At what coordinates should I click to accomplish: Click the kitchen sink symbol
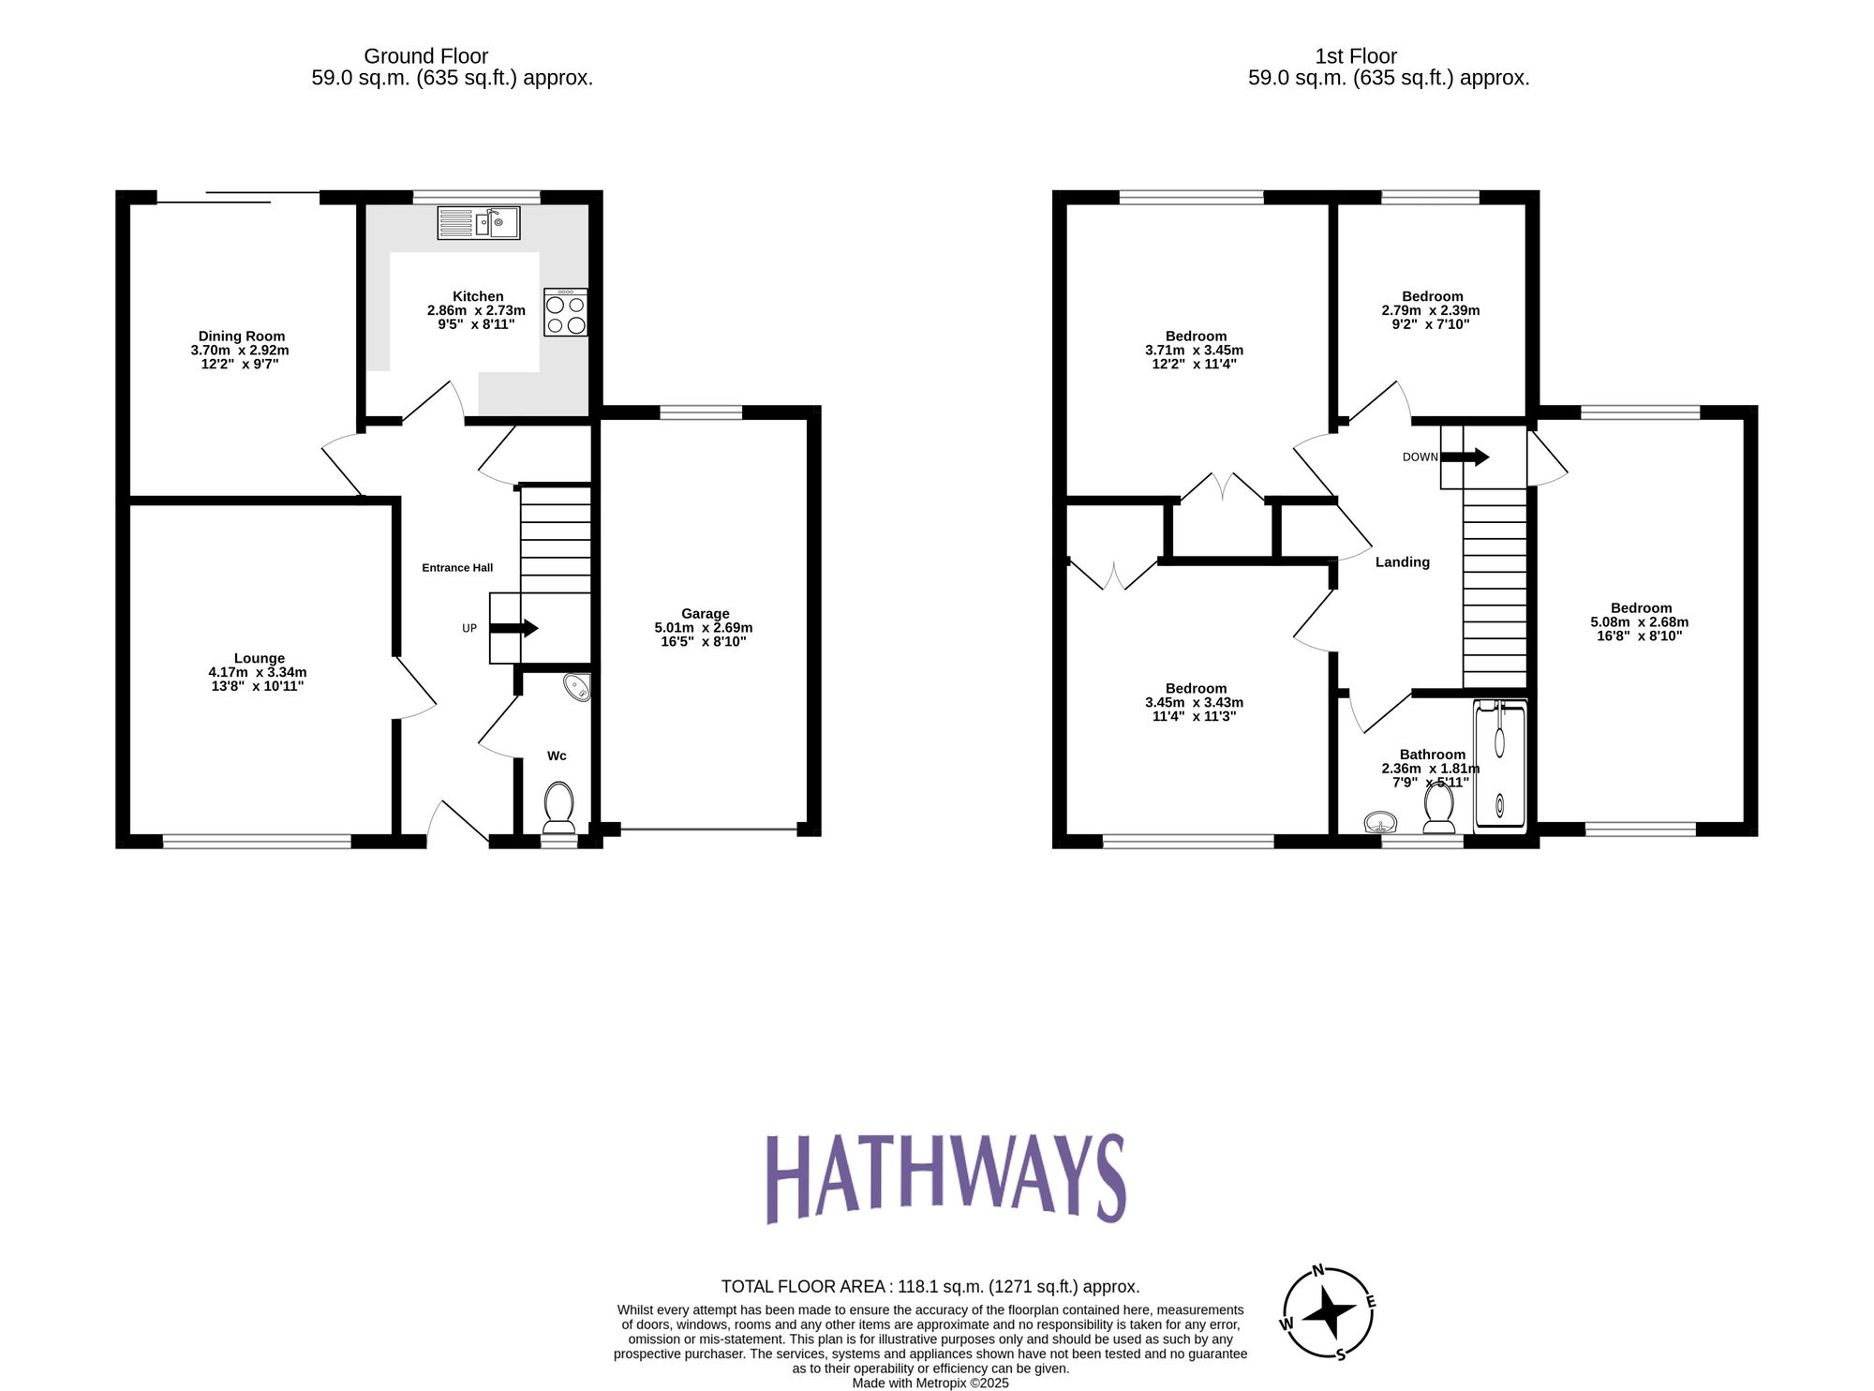click(x=478, y=223)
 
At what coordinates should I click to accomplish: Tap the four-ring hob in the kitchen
click(x=566, y=313)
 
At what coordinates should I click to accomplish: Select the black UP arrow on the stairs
click(x=515, y=628)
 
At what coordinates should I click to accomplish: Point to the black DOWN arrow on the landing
click(x=1465, y=456)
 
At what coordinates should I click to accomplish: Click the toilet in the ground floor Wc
click(x=559, y=806)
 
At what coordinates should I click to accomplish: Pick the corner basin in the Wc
click(x=578, y=687)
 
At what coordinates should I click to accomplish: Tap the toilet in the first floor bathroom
click(x=1438, y=806)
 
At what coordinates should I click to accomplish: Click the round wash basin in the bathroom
click(x=1380, y=823)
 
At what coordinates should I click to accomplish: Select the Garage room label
click(x=705, y=613)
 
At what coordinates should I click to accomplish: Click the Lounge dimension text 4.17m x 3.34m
click(x=258, y=672)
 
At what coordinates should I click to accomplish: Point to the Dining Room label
click(x=241, y=336)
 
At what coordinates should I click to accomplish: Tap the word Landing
click(x=1402, y=562)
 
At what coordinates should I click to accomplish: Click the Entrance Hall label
click(x=457, y=568)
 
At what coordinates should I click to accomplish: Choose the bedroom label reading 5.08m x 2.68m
click(x=1640, y=621)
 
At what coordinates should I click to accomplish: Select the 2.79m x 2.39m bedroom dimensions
click(x=1431, y=310)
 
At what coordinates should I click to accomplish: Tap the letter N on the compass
click(x=1317, y=1271)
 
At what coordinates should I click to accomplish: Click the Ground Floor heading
click(x=425, y=56)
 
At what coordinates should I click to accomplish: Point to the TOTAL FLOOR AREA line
click(x=930, y=1287)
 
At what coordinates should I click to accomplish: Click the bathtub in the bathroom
click(x=1500, y=767)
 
